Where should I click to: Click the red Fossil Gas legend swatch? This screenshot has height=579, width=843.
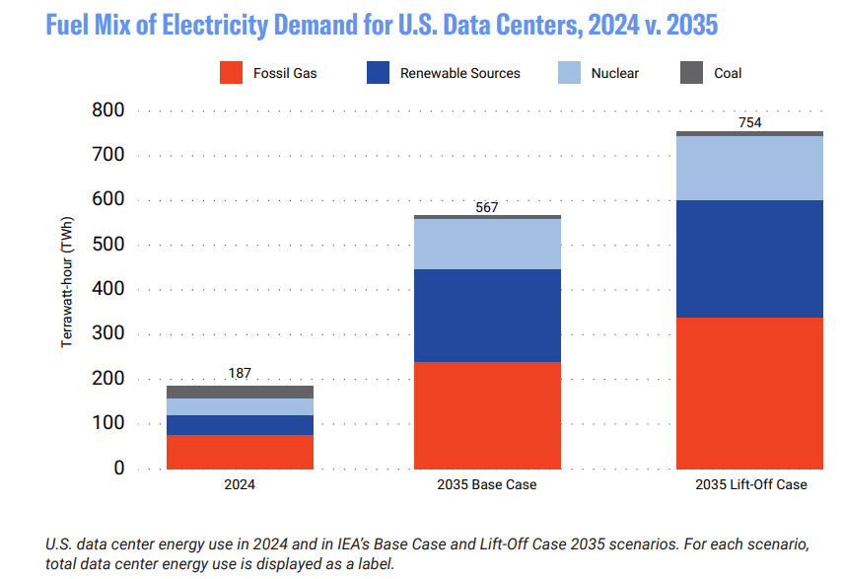[230, 72]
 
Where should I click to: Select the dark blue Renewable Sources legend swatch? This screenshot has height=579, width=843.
[377, 72]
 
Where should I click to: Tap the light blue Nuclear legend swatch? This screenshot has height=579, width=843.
[568, 72]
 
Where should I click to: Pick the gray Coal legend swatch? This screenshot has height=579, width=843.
[692, 72]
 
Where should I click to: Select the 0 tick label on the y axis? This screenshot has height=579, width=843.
[118, 469]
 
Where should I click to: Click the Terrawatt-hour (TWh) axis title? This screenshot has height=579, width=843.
[68, 290]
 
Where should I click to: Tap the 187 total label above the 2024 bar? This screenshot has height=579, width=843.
[240, 374]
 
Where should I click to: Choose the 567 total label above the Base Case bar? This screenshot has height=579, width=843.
[486, 207]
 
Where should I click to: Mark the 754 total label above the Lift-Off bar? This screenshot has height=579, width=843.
[749, 123]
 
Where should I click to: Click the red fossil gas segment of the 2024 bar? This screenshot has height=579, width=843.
[240, 452]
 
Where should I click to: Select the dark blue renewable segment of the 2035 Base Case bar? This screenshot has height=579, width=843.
[487, 316]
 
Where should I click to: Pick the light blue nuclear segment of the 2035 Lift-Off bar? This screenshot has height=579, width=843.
[749, 168]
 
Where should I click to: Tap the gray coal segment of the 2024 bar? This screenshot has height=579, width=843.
[240, 392]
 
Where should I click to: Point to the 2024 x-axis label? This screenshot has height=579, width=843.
[240, 485]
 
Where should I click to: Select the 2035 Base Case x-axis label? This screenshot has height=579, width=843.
[487, 485]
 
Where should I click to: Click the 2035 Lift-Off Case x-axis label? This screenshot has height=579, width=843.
[749, 485]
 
